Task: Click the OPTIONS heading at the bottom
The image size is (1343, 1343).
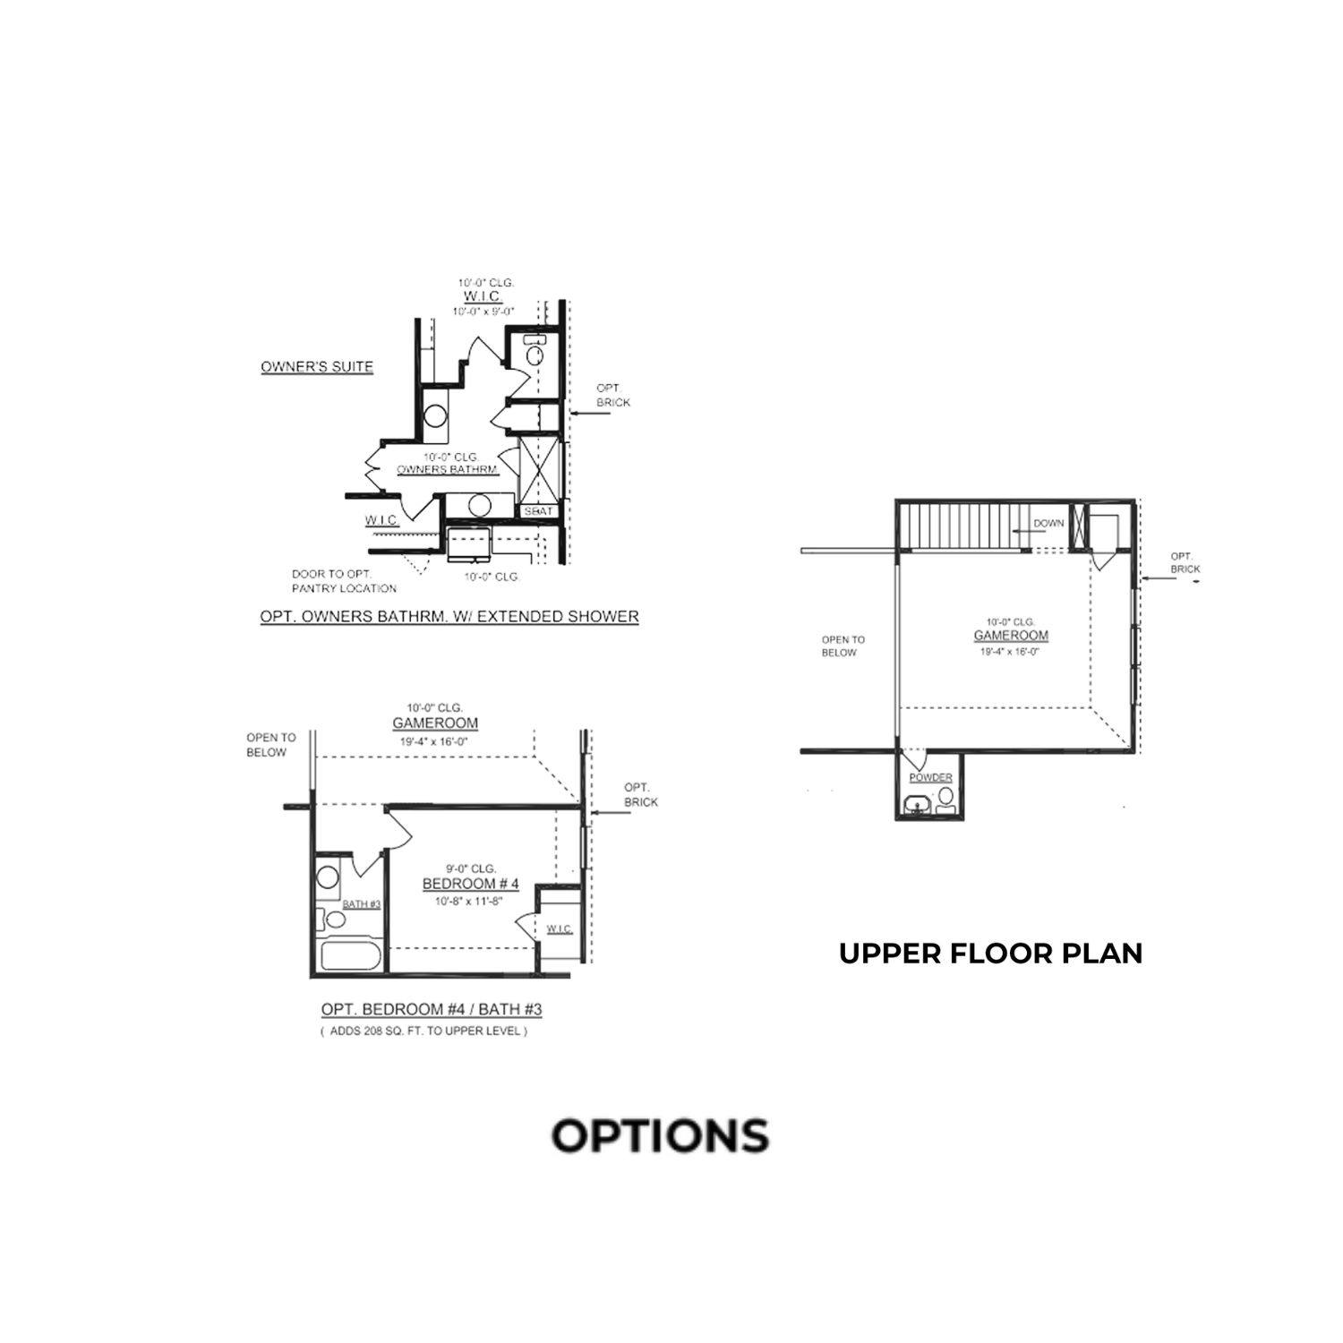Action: coord(660,1135)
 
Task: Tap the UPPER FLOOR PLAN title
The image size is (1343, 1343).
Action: coord(990,954)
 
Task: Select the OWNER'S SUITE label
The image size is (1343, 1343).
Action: coord(317,367)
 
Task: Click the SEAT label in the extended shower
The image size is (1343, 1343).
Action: coord(539,511)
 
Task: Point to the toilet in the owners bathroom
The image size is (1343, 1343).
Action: coord(535,352)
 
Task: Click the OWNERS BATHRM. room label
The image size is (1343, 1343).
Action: coord(447,470)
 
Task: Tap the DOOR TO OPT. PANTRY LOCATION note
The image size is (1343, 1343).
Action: coord(344,581)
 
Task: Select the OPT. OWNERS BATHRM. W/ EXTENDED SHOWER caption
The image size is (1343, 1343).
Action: coord(449,617)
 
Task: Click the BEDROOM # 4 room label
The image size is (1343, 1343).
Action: coord(470,885)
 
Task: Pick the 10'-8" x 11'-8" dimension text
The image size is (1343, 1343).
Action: coord(470,902)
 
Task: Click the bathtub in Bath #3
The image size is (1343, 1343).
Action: coord(351,955)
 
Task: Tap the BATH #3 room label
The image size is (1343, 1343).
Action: coord(362,904)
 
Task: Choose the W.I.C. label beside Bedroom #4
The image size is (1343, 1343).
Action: coord(560,928)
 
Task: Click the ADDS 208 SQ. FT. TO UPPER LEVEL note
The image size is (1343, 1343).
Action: coord(423,1031)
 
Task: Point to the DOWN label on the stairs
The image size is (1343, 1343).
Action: coord(1048,523)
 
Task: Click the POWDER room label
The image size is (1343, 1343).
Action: coord(930,778)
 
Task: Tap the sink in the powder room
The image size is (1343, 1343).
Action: coord(917,804)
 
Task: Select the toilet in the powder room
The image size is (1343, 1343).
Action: coord(945,799)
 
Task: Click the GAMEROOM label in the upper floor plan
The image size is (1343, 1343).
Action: coord(1011,636)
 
